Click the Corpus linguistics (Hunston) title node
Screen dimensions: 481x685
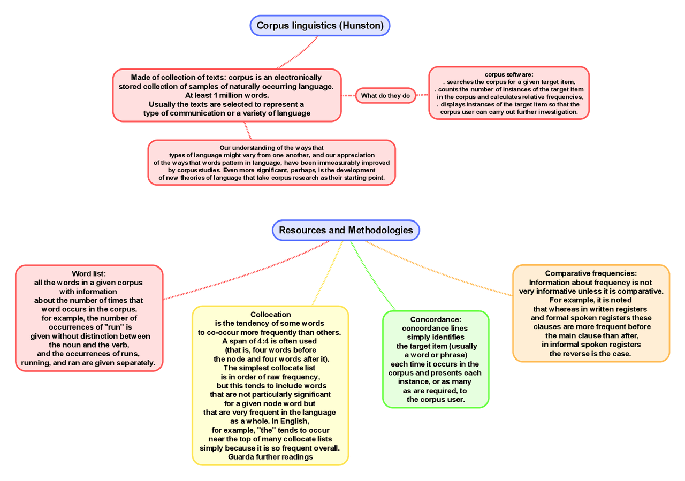tap(320, 26)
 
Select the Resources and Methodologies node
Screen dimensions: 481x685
tap(346, 230)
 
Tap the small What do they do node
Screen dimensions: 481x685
tap(385, 96)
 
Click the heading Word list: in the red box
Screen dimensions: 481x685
tap(89, 274)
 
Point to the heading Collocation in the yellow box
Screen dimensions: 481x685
tap(270, 315)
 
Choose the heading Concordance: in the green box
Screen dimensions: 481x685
tap(435, 319)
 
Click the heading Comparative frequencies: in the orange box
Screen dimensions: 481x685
tap(591, 273)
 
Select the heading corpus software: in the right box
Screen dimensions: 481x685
tap(509, 74)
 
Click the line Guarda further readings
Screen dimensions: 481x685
tap(270, 457)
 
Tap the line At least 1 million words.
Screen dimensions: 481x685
tap(226, 95)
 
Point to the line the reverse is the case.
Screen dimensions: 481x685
tap(591, 354)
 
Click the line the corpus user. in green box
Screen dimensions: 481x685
tap(436, 400)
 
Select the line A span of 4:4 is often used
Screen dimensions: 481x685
tap(270, 341)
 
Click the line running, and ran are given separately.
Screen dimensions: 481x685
tap(88, 363)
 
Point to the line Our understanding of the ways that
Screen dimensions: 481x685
tap(272, 148)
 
